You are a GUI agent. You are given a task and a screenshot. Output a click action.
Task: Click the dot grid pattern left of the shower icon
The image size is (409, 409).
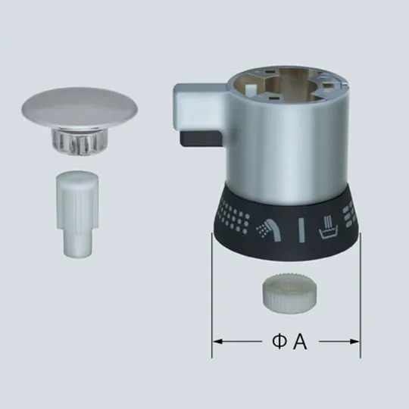click(237, 220)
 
